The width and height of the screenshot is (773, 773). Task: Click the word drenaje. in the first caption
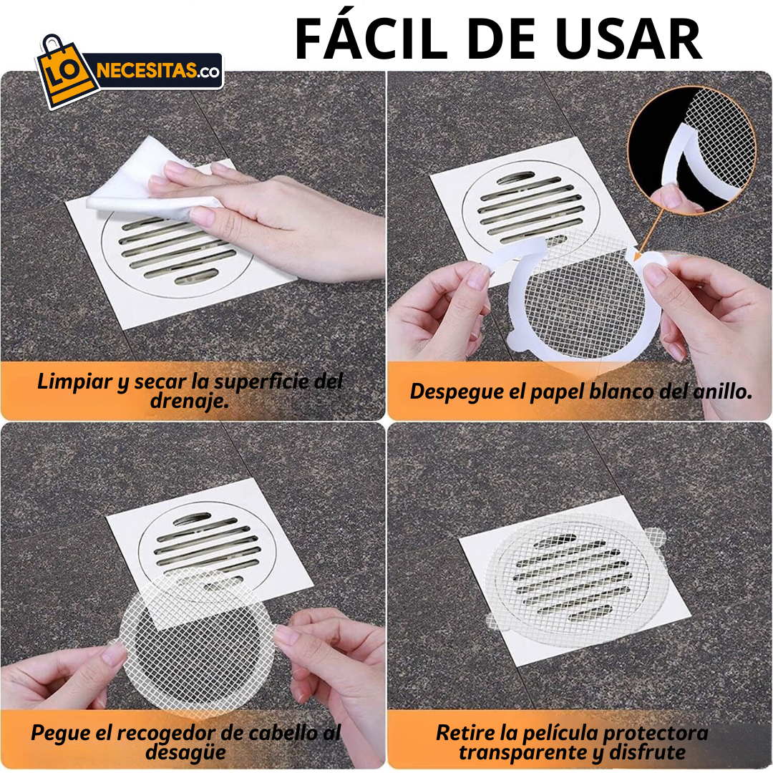click(x=190, y=402)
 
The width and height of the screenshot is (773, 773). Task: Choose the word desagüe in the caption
click(x=185, y=753)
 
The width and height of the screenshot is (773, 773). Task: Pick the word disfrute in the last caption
click(x=647, y=753)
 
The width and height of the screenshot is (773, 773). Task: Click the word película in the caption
click(x=559, y=734)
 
